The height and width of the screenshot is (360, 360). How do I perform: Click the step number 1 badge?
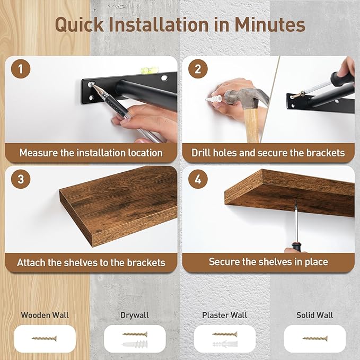coord(21,69)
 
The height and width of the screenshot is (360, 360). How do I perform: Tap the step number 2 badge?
coord(198,69)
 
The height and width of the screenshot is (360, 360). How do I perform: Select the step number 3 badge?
coord(21,179)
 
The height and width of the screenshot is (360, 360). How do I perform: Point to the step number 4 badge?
coord(198,179)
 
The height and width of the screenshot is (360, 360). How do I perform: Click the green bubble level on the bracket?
coord(145,69)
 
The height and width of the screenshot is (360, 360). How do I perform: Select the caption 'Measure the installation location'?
coord(91,153)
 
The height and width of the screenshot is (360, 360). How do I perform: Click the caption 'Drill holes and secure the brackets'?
coord(268,153)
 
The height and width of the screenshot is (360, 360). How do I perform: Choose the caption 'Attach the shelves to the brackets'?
coord(91,262)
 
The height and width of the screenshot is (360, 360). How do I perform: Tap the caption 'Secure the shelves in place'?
coord(268,261)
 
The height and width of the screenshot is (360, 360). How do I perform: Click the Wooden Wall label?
coord(45,315)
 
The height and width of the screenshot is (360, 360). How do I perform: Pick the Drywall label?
coord(135,315)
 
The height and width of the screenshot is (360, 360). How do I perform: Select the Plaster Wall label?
coord(224,315)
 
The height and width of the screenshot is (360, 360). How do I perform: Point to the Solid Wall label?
coord(314,315)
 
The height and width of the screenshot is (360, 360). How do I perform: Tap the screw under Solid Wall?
coord(315,338)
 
